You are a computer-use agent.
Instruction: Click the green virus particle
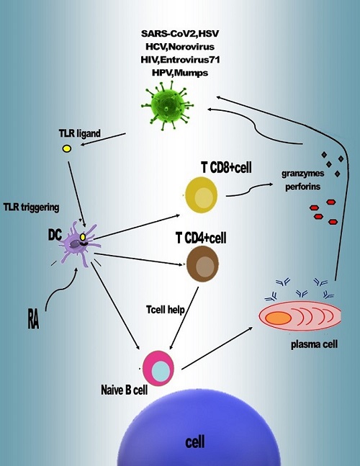168,105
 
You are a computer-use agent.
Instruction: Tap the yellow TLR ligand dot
66,148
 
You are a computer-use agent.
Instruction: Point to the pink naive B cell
158,368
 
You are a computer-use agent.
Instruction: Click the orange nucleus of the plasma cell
278,318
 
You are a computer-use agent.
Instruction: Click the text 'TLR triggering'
31,207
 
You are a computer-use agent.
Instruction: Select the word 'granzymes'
302,174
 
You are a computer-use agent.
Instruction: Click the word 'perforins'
302,187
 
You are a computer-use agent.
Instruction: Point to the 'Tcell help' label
166,310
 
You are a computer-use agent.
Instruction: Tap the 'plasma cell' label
314,344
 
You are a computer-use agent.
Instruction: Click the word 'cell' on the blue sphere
195,442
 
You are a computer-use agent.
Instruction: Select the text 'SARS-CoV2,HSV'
180,33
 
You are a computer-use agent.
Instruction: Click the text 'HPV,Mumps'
180,73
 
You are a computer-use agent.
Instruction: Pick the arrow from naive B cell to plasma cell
217,349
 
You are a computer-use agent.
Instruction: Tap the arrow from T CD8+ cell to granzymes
250,190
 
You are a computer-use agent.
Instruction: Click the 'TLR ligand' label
80,133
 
